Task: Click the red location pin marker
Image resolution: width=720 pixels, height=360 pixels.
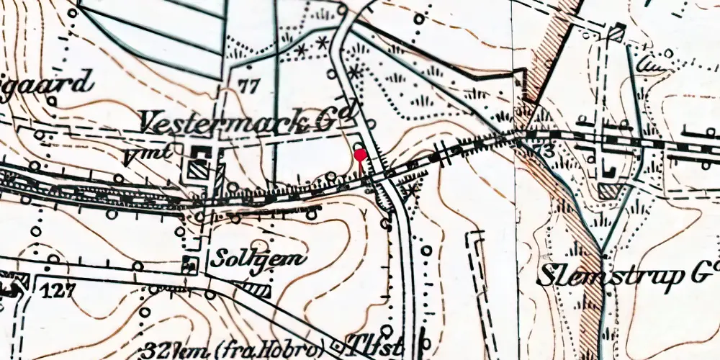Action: pyautogui.click(x=359, y=153)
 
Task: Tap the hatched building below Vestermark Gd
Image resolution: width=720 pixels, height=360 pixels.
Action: pyautogui.click(x=198, y=170)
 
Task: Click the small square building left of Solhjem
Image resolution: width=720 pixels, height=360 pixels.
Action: pyautogui.click(x=190, y=264)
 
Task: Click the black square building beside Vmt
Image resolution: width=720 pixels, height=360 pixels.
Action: pyautogui.click(x=201, y=153)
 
